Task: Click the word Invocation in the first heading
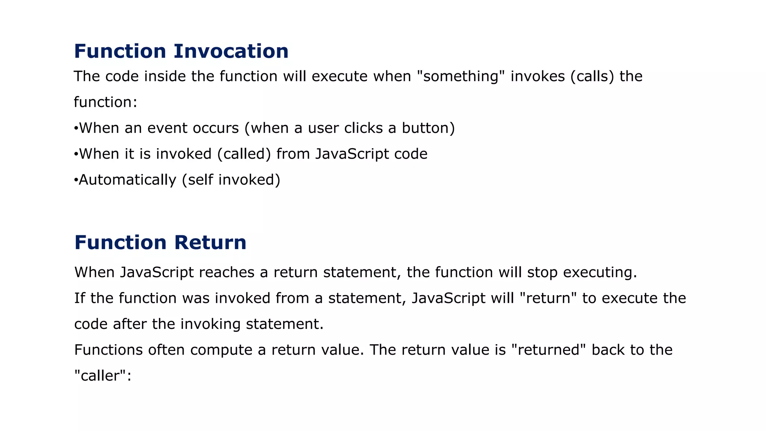[x=231, y=51]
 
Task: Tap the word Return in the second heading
[x=210, y=242]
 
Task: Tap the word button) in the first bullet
[x=428, y=128]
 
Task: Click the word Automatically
[x=127, y=180]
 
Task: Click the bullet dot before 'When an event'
[x=76, y=129]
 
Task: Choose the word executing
[x=600, y=272]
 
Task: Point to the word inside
[x=165, y=76]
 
